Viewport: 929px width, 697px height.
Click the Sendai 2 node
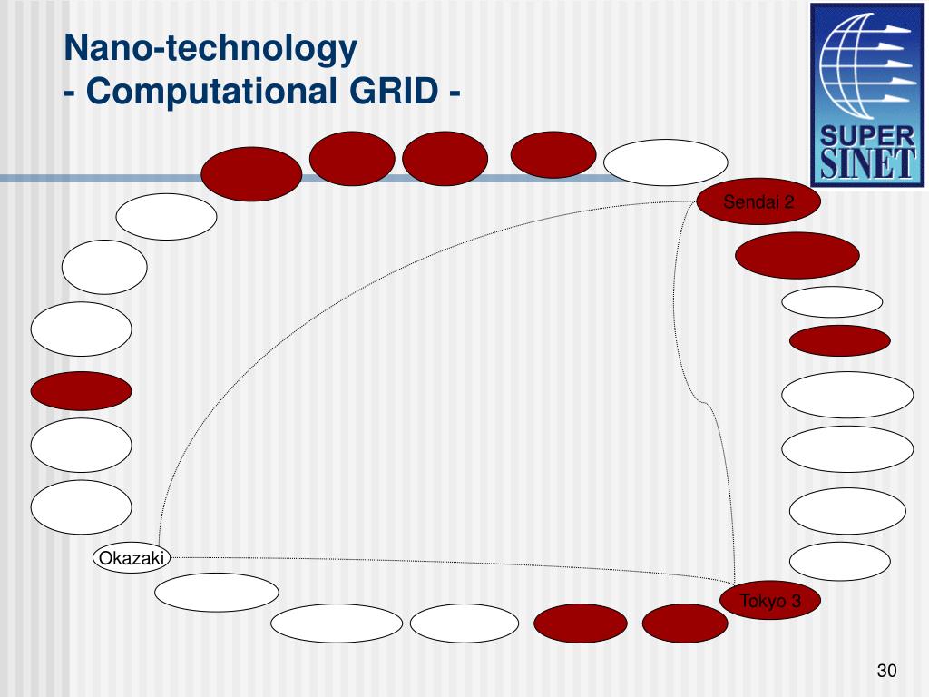point(758,201)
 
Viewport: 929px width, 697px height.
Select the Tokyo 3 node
point(770,601)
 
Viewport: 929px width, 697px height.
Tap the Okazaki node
point(132,558)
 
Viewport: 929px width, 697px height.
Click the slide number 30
point(886,671)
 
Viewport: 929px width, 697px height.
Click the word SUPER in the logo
point(867,136)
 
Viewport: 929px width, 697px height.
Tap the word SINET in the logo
point(867,165)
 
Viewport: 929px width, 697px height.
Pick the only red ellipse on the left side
point(81,391)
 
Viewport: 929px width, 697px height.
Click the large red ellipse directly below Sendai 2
point(797,256)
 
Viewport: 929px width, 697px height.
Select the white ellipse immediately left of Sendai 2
point(665,162)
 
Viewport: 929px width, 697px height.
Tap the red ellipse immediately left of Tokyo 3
point(685,623)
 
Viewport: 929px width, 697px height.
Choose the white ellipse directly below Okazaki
point(217,593)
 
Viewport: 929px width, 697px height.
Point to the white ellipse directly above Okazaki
point(81,506)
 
